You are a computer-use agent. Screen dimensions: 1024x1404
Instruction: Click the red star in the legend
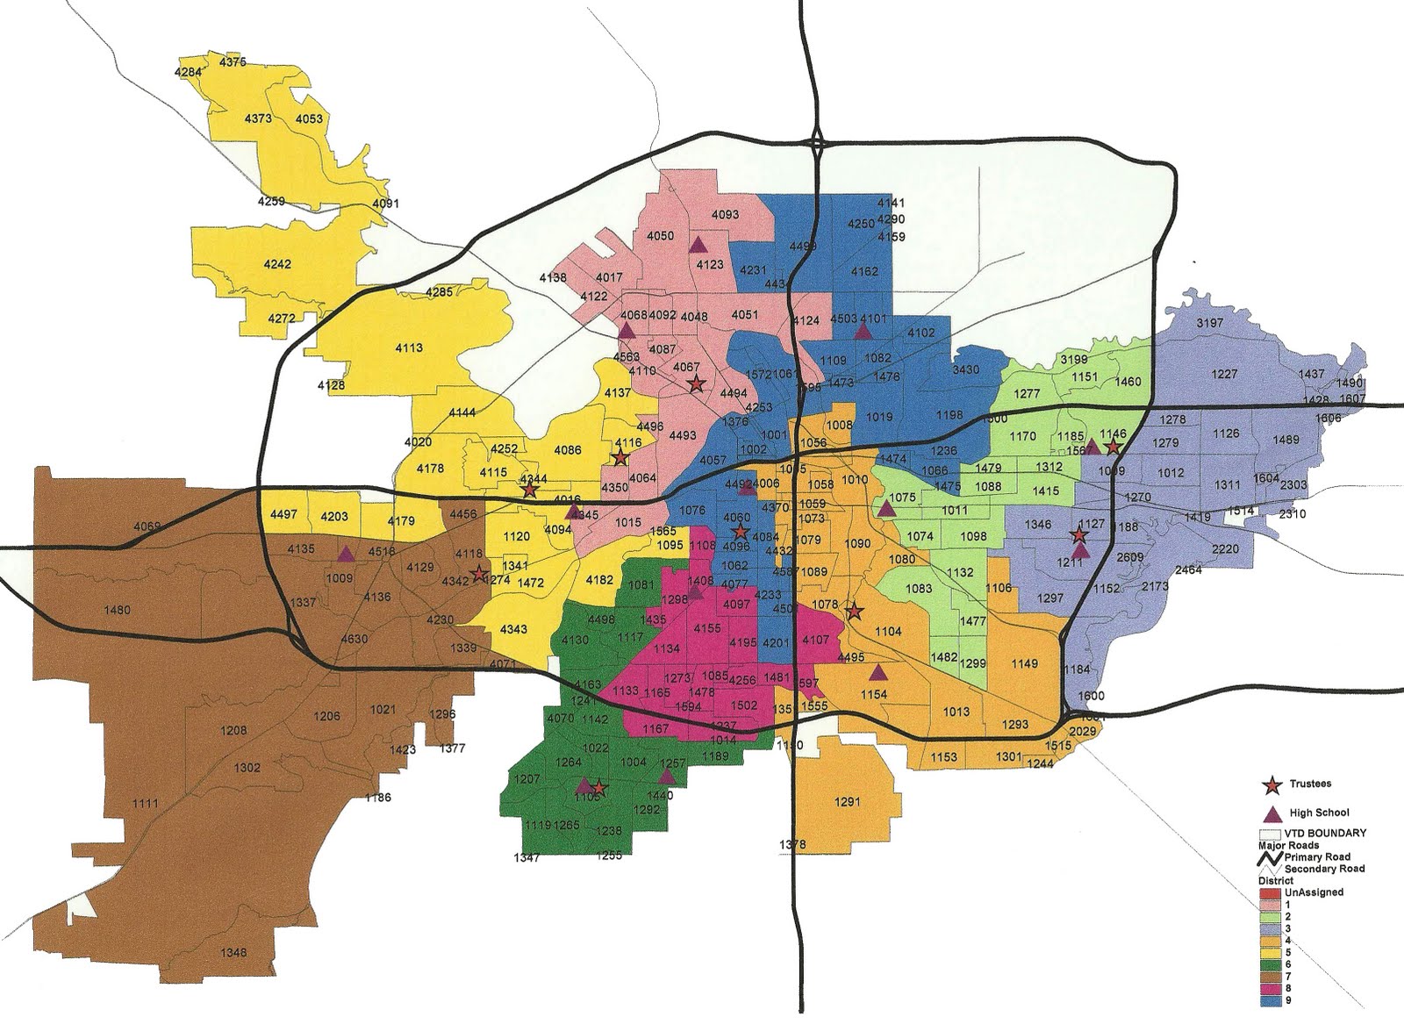click(x=1271, y=784)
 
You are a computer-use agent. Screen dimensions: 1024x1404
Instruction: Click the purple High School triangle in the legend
click(x=1271, y=813)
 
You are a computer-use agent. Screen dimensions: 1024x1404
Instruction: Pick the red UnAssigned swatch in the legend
click(x=1269, y=893)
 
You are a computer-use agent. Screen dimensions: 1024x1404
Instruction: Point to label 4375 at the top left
click(x=233, y=62)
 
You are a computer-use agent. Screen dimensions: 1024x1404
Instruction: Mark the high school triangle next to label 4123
click(x=698, y=245)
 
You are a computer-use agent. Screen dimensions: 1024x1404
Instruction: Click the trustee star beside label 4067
click(x=696, y=383)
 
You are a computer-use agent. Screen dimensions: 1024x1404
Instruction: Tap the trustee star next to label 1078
click(x=854, y=612)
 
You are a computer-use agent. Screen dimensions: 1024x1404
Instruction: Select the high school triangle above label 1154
click(x=877, y=673)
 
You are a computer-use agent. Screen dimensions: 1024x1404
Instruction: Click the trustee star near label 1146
click(x=1113, y=448)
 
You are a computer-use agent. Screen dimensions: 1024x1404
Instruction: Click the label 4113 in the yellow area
click(x=409, y=347)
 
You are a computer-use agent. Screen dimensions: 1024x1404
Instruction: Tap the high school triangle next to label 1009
click(x=347, y=554)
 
